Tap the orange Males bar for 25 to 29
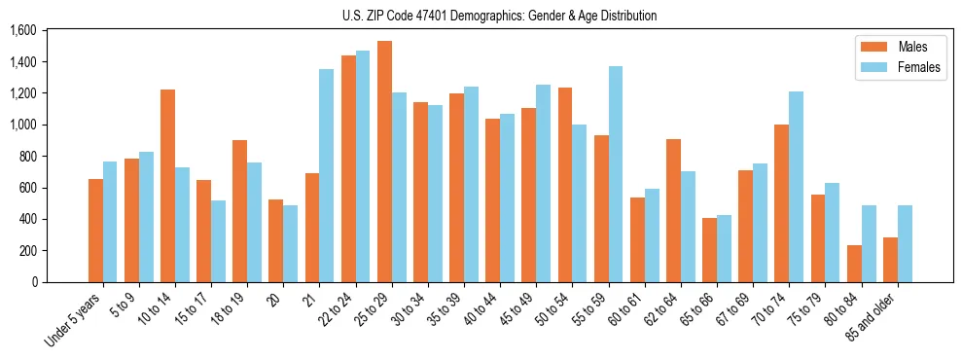pos(384,162)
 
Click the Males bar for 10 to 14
pos(168,186)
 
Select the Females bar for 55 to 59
pos(616,174)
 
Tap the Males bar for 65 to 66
pos(710,250)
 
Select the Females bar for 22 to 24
pos(363,166)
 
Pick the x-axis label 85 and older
pos(875,317)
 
